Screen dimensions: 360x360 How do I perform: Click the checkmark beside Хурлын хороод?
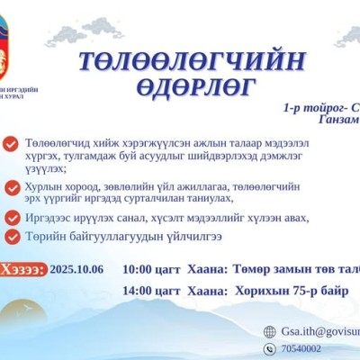click(10, 187)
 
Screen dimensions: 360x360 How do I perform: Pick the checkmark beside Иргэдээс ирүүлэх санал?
click(10, 218)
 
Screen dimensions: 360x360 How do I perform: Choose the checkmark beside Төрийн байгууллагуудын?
click(10, 236)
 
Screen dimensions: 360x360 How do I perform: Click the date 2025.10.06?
click(76, 268)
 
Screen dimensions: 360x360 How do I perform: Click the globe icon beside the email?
click(269, 331)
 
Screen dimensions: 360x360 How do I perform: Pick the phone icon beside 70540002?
click(269, 347)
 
